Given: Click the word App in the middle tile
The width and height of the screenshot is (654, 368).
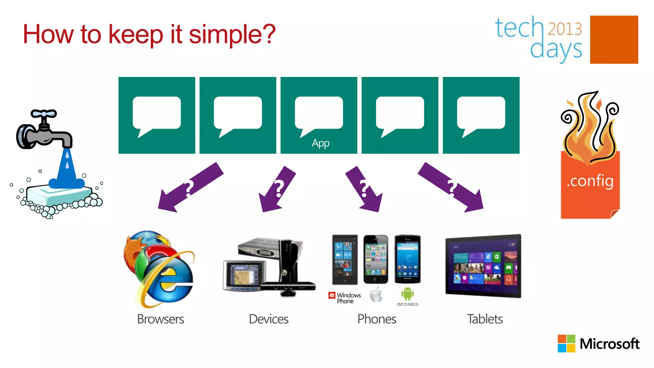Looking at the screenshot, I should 320,143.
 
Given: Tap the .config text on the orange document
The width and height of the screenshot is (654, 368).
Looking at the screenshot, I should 590,181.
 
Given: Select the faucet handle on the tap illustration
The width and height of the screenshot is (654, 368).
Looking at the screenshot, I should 44,114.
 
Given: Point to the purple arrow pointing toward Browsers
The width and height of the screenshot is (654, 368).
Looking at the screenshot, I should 190,188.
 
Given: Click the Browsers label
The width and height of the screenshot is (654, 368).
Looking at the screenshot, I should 160,319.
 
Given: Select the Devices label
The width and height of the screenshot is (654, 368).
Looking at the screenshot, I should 268,319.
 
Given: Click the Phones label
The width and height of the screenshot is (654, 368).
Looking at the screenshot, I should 376,319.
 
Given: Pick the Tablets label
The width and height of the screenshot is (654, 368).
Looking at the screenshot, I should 484,319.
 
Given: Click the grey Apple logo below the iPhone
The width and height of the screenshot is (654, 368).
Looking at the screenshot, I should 376,295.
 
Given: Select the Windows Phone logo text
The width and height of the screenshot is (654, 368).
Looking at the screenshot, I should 348,298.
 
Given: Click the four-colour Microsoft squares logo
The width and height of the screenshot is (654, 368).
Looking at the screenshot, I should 566,343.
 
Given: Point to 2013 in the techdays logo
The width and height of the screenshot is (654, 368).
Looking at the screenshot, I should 565,29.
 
